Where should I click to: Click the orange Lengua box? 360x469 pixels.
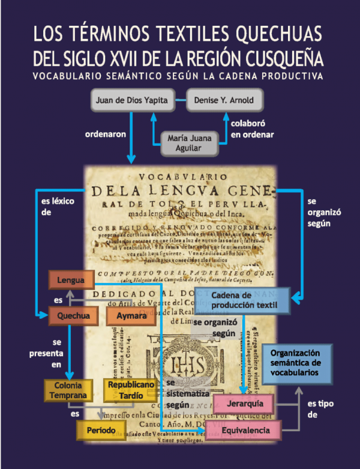[x=71, y=280]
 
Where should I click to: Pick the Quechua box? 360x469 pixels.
[x=70, y=315]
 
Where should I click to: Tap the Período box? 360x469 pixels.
[x=100, y=430]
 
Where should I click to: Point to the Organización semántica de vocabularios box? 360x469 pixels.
[x=298, y=365]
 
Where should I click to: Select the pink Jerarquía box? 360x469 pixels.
[x=239, y=402]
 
